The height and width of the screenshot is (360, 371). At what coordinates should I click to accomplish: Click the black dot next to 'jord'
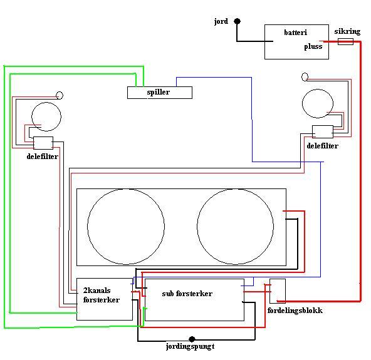[x=237, y=21]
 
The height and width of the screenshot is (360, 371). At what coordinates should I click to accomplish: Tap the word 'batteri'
[x=296, y=32]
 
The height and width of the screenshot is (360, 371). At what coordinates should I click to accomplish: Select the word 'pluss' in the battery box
[x=313, y=46]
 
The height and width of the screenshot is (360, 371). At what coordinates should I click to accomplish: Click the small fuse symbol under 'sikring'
[x=345, y=41]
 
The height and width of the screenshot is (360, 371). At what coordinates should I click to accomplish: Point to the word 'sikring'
[x=347, y=31]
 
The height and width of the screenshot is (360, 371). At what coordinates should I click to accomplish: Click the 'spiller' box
[x=160, y=93]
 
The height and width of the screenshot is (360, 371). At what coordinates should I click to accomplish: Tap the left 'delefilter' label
[x=43, y=157]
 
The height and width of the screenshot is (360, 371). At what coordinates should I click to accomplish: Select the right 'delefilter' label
[x=323, y=146]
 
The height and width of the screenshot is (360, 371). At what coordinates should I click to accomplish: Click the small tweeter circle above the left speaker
[x=60, y=95]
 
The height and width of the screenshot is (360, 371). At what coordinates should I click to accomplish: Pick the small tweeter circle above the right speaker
[x=305, y=76]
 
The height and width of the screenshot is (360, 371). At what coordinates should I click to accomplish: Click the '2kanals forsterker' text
[x=102, y=295]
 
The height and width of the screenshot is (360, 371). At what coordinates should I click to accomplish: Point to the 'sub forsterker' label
[x=187, y=294]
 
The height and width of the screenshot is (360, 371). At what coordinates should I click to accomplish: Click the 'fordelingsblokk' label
[x=295, y=311]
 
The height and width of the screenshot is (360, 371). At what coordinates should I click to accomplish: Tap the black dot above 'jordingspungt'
[x=192, y=339]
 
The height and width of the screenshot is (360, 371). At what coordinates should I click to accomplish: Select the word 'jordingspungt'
[x=191, y=346]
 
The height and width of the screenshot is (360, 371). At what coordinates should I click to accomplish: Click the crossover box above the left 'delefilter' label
[x=43, y=143]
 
